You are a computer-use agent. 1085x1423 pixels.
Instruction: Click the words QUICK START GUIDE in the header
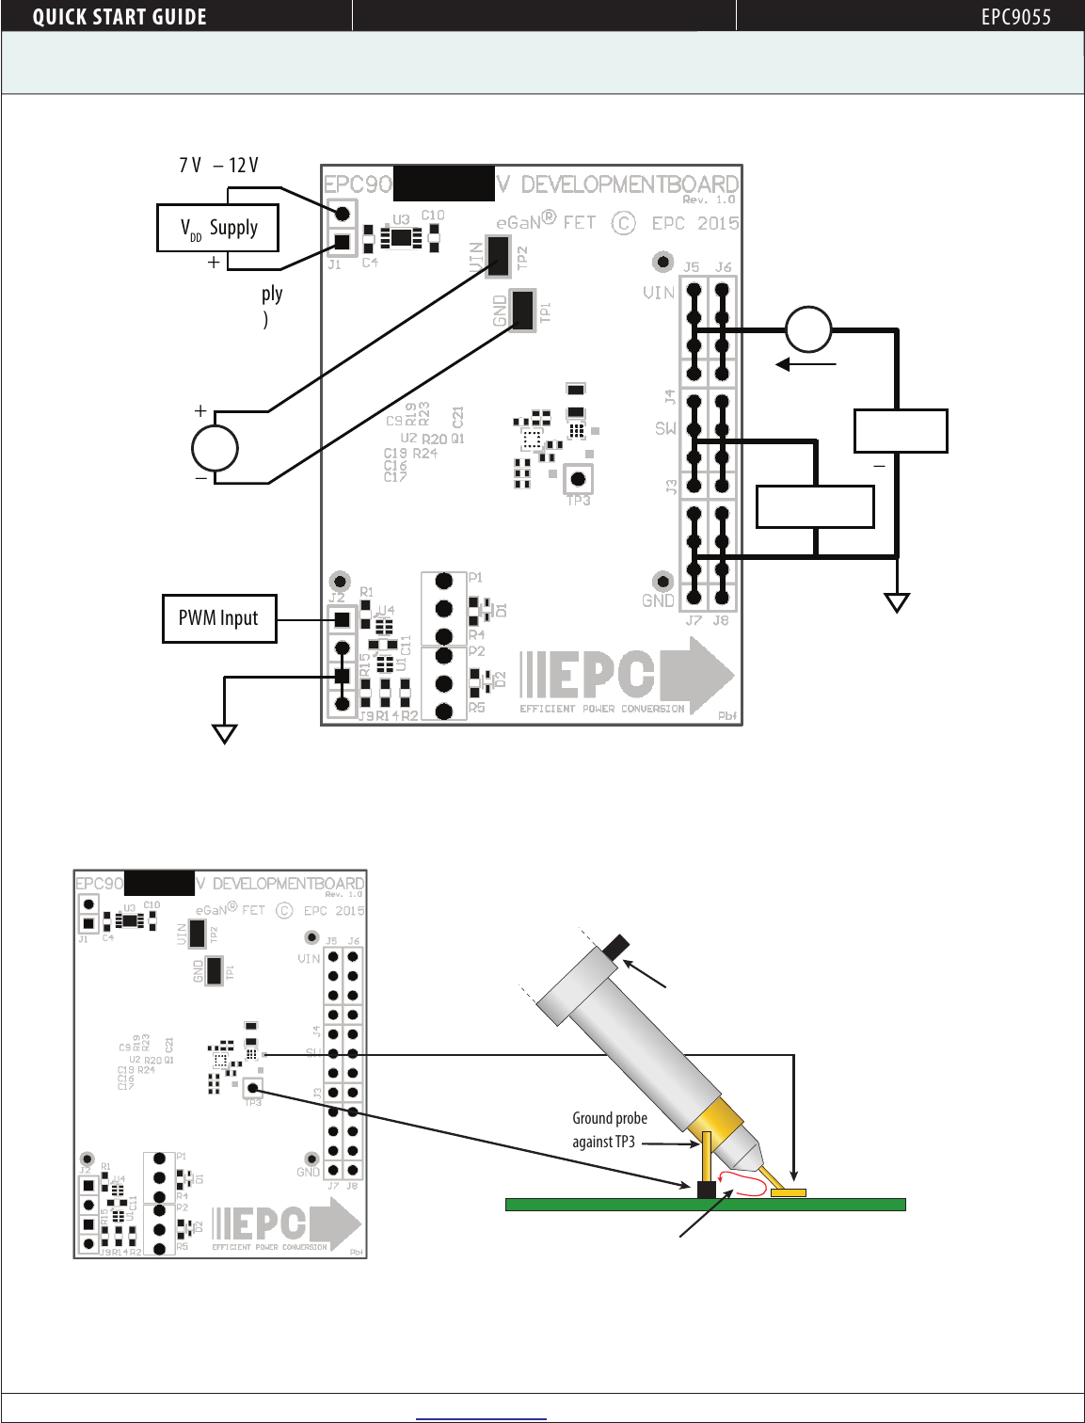tap(120, 17)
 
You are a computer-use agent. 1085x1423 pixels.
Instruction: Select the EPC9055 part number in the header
tap(1015, 17)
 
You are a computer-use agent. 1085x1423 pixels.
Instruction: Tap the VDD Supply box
tap(217, 228)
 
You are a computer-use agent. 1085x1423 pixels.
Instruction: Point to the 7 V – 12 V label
tap(218, 166)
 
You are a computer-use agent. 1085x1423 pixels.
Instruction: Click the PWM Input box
tap(219, 618)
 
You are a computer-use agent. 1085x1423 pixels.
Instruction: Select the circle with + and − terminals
tap(215, 448)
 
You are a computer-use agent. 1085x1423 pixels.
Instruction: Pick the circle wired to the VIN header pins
tap(808, 329)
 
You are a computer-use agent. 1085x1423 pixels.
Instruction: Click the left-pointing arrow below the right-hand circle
tap(806, 364)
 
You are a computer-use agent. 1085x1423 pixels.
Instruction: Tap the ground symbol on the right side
tap(897, 602)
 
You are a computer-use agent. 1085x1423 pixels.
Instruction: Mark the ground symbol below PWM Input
tap(224, 733)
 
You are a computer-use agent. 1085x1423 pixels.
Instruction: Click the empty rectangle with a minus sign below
tap(900, 431)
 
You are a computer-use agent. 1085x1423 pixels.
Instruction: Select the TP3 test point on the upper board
tap(578, 479)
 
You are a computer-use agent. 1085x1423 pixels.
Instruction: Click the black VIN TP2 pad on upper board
tap(498, 256)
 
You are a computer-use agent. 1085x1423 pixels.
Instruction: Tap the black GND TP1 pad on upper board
tap(522, 310)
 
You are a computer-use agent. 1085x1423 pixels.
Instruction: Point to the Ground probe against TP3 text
tap(609, 1129)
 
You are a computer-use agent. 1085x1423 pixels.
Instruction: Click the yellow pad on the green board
tap(788, 1192)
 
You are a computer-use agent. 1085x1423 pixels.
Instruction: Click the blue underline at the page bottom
tap(481, 1417)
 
